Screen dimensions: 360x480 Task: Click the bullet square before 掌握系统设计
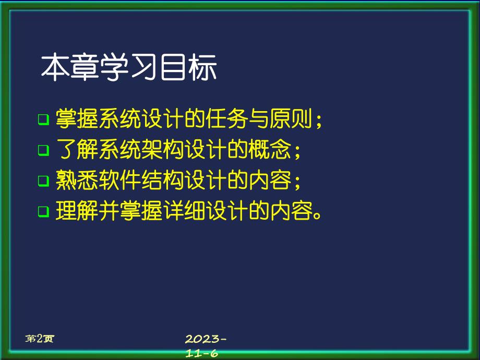[43, 119]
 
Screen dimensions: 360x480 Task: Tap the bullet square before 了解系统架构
[43, 151]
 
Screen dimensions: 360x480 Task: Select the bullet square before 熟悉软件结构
[43, 181]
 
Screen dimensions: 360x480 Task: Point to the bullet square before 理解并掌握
[43, 212]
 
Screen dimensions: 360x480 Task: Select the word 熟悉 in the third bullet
[71, 181]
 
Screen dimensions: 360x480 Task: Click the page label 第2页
[40, 339]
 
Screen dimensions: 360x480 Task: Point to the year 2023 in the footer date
[203, 339]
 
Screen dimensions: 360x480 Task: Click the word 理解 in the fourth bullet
[71, 211]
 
